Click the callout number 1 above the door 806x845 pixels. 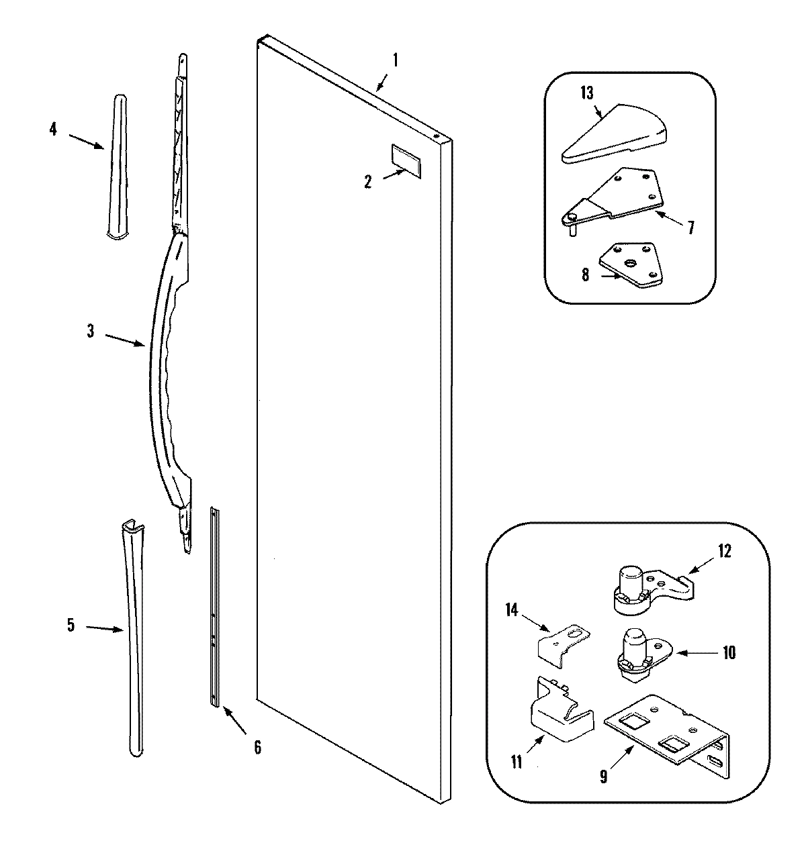point(395,60)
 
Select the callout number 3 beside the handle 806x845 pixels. point(91,331)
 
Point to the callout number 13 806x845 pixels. point(586,93)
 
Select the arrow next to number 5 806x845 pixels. point(105,628)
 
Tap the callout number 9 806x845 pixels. point(602,776)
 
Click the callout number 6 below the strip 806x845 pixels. point(257,746)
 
